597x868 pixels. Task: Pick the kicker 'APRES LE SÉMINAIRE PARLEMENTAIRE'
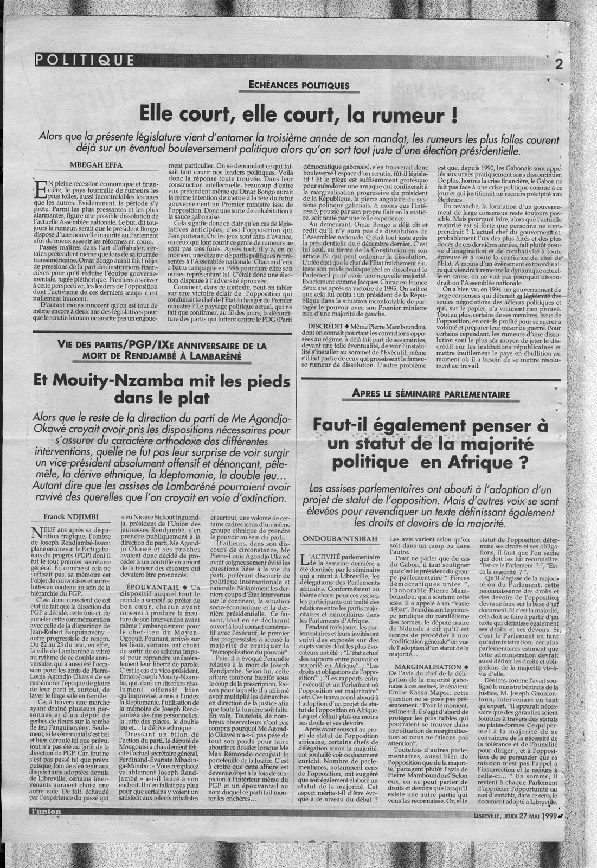tap(431, 393)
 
